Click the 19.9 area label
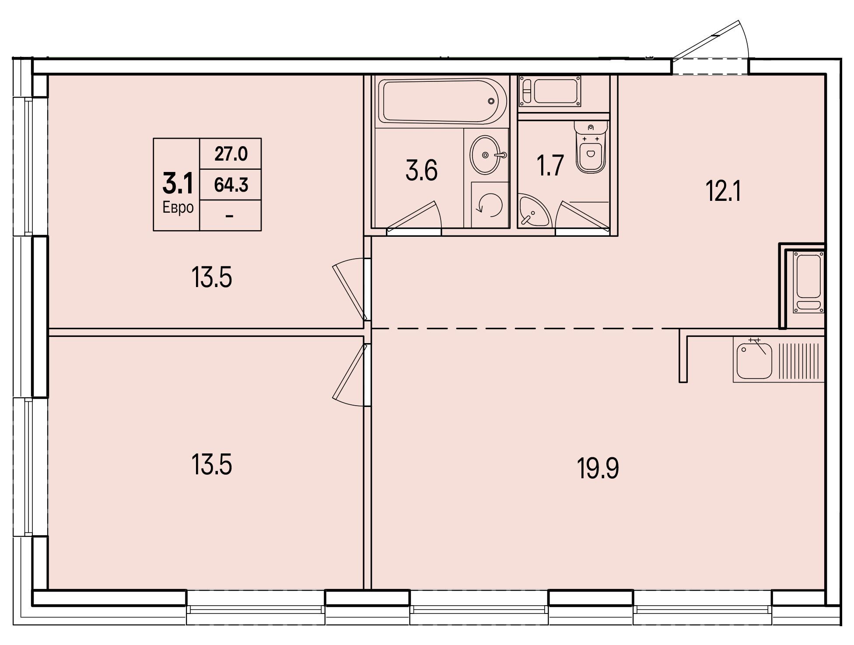pos(598,469)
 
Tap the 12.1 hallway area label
pos(724,191)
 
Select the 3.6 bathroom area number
pos(421,170)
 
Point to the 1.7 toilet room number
pos(550,165)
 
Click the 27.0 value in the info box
pos(231,154)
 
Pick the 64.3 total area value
pos(231,185)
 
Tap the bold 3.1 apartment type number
pos(177,183)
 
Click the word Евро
pos(178,207)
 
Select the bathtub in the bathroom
pos(442,101)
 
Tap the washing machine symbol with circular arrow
pos(490,205)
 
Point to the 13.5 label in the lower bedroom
pos(211,464)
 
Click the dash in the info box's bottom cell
pos(230,216)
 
